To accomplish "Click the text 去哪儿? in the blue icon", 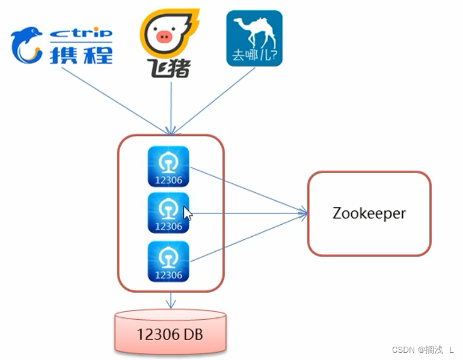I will pos(254,58).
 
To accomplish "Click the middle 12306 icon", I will pos(168,213).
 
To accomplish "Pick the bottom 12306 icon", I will pos(168,261).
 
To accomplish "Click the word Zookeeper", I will pos(369,213).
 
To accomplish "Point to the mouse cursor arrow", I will pos(188,213).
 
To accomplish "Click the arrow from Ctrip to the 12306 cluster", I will pos(114,99).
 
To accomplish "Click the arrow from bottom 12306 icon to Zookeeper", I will pos(247,237).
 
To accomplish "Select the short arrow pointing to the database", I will pos(171,301).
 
